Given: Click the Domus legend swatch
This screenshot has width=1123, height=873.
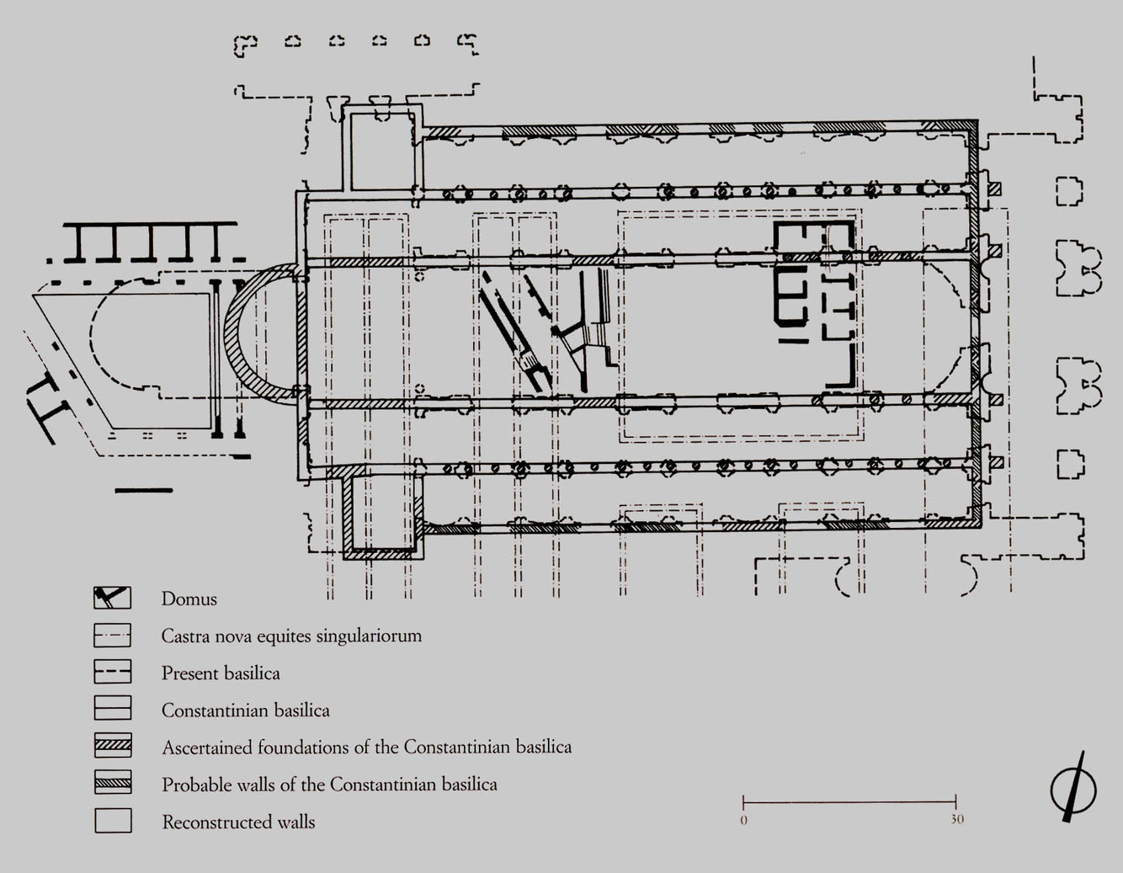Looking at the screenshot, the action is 112,598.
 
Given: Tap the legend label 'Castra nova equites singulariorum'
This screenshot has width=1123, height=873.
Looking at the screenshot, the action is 291,636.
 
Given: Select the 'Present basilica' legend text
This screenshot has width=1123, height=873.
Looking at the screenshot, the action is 221,673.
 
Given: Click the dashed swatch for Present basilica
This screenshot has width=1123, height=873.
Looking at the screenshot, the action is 112,672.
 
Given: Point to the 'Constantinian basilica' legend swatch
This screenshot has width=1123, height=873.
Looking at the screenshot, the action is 112,709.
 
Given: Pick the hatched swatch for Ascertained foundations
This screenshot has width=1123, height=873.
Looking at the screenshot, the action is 112,746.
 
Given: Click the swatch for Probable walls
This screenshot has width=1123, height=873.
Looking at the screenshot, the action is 112,783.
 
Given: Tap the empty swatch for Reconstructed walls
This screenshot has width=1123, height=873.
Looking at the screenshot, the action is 112,821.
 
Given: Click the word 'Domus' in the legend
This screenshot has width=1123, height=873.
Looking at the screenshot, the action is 189,599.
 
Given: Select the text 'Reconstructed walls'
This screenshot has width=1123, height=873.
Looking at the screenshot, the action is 238,822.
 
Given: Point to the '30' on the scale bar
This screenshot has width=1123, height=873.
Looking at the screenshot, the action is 957,819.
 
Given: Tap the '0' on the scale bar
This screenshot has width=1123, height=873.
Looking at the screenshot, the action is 743,819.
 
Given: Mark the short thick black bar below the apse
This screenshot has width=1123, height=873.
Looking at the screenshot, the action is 143,490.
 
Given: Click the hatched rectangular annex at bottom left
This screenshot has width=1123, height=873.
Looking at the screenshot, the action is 381,514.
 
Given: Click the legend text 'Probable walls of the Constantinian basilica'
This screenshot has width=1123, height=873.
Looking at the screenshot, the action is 329,785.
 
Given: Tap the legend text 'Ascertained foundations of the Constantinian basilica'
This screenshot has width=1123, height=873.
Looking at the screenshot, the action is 366,748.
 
